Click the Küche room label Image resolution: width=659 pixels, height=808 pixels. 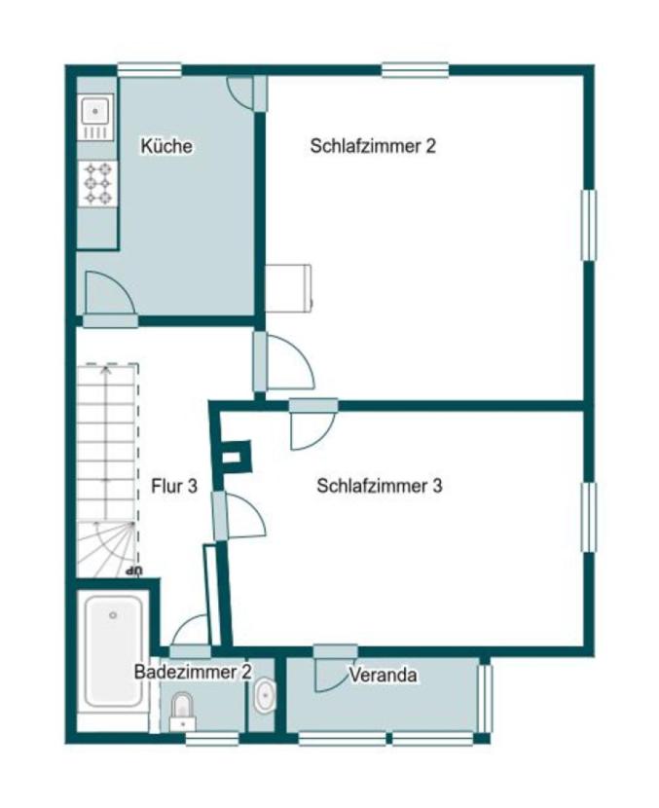(166, 147)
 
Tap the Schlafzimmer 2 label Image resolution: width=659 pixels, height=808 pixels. (373, 147)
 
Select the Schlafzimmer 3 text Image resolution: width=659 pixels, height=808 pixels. (380, 486)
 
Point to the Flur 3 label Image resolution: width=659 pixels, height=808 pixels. (175, 486)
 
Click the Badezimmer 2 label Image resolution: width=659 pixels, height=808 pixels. (194, 672)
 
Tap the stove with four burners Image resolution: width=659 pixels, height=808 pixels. (96, 183)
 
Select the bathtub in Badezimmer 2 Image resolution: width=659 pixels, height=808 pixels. (114, 648)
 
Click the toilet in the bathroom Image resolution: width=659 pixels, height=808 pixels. (181, 710)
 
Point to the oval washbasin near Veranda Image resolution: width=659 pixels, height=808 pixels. (264, 696)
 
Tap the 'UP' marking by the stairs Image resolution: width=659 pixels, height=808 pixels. (136, 570)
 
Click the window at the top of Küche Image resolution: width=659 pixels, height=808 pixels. (149, 69)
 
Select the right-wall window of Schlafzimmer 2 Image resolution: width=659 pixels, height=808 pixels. (588, 225)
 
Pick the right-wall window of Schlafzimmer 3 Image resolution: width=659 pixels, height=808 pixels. (588, 517)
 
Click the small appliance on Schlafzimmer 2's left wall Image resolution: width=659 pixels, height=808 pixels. (288, 287)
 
